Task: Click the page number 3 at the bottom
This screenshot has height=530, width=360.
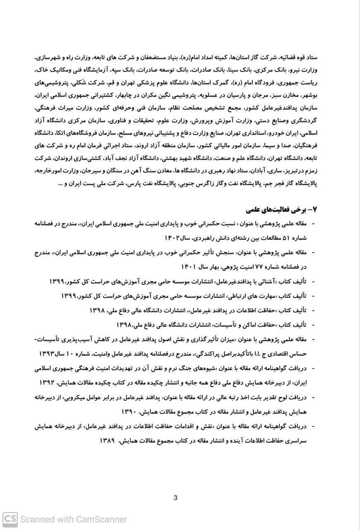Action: [x=175, y=498]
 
